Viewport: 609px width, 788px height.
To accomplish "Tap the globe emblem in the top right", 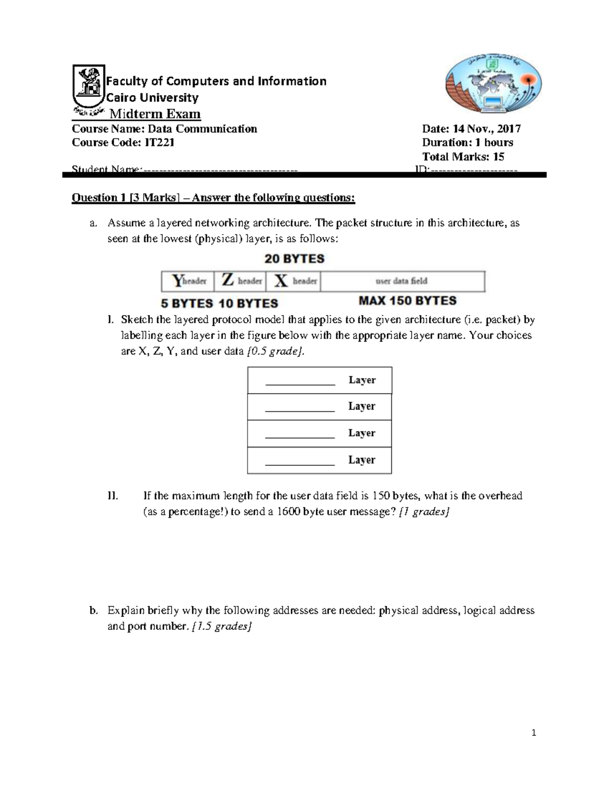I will point(493,83).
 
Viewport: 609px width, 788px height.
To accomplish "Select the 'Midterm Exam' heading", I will point(155,114).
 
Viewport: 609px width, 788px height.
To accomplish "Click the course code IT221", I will point(159,143).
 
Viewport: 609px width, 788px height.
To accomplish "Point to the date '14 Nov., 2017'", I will point(487,129).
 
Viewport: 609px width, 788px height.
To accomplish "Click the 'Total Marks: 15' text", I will point(463,157).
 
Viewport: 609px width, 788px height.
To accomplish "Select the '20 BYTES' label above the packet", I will point(294,259).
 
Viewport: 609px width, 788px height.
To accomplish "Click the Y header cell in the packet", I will point(188,281).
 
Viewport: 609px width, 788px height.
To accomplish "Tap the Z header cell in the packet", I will point(242,281).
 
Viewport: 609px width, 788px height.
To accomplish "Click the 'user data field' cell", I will point(401,281).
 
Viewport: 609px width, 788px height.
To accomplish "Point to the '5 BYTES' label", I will point(187,303).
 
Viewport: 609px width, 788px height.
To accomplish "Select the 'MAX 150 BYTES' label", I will point(408,301).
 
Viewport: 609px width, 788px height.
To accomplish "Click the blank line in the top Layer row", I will point(300,382).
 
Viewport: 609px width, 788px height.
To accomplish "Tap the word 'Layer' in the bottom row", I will point(361,460).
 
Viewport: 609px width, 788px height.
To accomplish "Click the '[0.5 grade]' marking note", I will point(276,351).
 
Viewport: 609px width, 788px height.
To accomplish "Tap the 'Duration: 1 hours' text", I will point(467,143).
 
